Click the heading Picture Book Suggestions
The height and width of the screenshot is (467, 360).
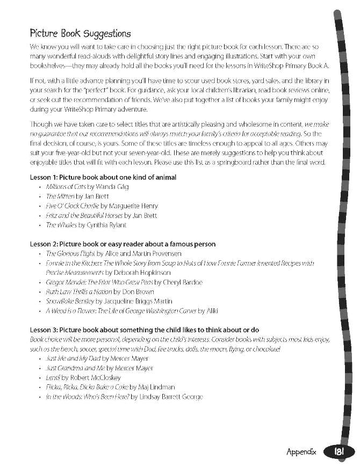[81, 34]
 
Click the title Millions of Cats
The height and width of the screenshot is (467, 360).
[67, 187]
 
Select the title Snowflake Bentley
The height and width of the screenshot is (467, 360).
[70, 301]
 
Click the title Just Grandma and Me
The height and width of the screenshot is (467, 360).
[75, 368]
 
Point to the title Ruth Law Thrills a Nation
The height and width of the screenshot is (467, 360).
[78, 291]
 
